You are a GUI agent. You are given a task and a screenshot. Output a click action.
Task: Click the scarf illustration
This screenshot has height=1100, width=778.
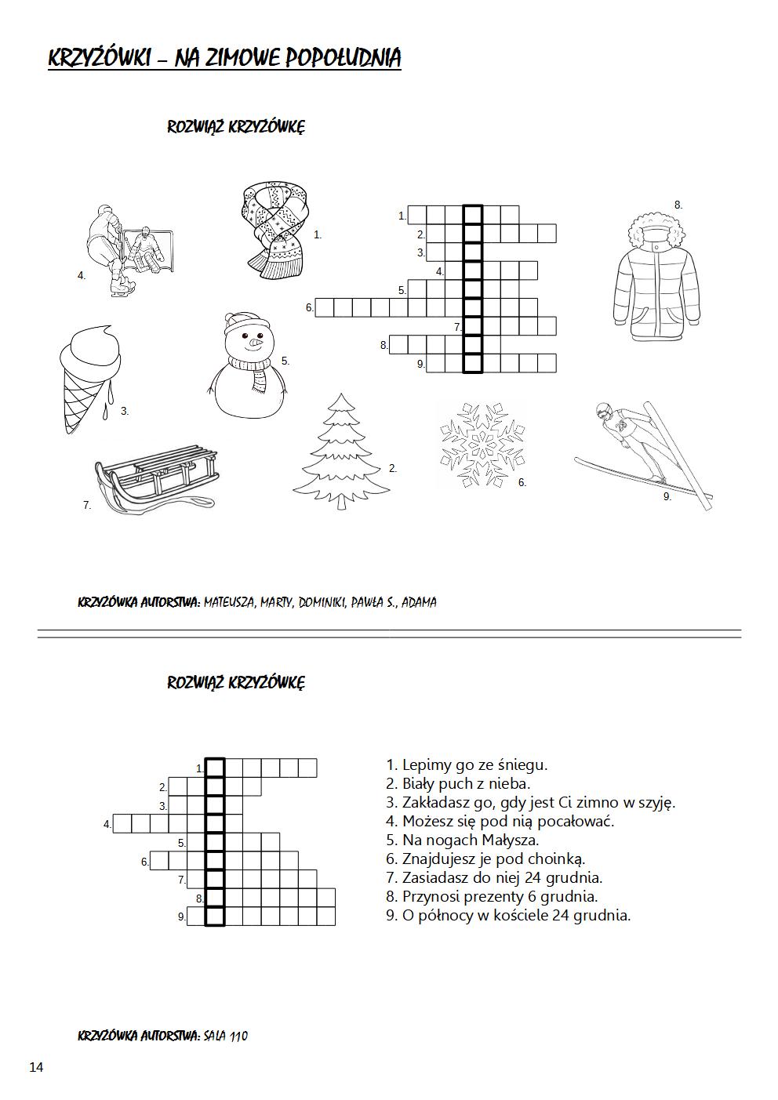click(273, 229)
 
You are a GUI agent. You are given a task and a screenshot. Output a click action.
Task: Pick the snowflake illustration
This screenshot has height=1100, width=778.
click(480, 445)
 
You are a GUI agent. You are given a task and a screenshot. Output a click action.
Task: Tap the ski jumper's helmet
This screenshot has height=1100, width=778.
click(602, 410)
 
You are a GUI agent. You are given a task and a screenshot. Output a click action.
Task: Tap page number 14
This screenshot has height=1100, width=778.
click(36, 1066)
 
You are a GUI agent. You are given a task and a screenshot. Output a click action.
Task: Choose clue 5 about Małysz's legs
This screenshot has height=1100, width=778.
click(463, 840)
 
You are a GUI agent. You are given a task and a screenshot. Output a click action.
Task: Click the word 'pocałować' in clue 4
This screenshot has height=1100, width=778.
click(576, 822)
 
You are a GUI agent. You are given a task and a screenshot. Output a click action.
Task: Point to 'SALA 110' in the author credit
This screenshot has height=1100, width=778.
click(225, 1036)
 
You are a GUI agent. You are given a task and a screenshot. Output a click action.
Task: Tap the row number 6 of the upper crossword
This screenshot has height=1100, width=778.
click(309, 308)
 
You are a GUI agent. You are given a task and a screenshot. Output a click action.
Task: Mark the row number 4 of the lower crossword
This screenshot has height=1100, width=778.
click(107, 824)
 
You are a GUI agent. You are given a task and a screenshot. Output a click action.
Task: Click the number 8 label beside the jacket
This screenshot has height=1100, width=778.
click(678, 205)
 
